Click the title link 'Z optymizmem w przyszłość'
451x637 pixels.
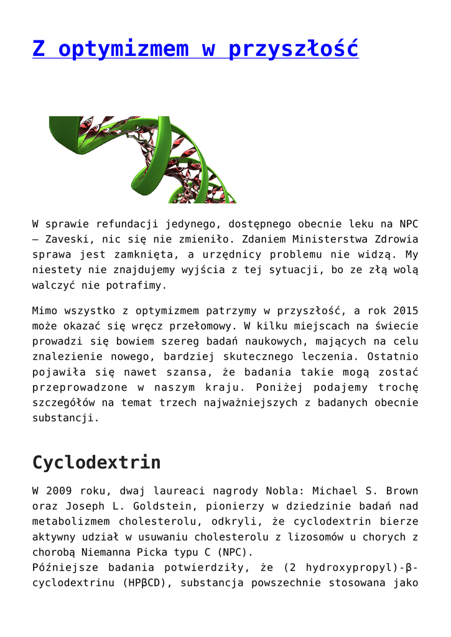[195, 49]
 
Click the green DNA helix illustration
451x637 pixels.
[143, 159]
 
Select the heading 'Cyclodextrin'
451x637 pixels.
[96, 462]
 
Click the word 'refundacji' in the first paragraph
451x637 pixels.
[118, 224]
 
